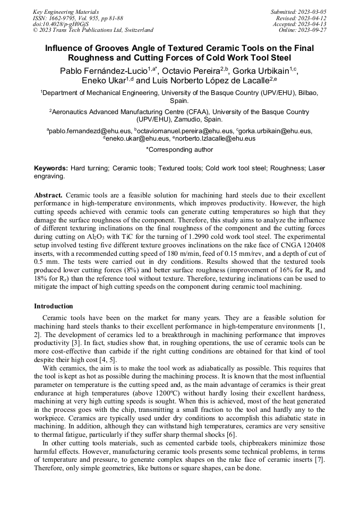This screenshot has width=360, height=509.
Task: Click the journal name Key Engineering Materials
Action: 66,12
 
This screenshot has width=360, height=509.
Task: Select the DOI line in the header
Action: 60,24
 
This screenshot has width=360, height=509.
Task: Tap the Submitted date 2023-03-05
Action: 298,12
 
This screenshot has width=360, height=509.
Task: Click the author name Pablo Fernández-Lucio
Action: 104,70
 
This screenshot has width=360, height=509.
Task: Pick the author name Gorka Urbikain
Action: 264,70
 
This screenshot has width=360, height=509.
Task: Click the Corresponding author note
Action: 179,150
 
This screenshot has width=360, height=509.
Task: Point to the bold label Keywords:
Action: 51,168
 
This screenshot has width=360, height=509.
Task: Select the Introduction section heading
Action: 53,306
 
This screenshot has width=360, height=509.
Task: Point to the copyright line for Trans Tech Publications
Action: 93,30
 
